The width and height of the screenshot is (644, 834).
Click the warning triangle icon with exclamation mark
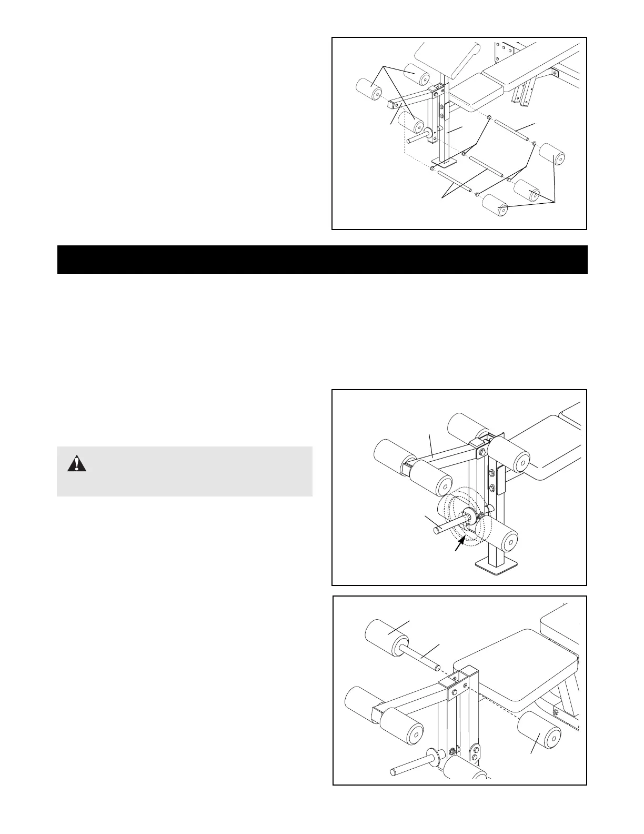(77, 463)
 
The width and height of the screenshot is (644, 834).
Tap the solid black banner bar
(322, 259)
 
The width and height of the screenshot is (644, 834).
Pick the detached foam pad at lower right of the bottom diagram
(540, 731)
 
